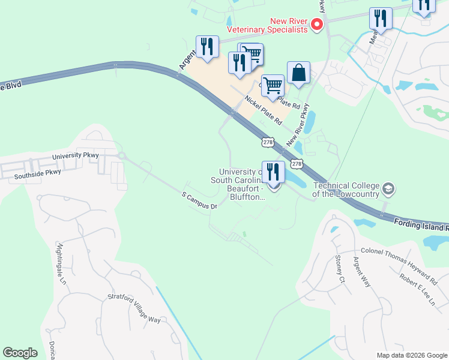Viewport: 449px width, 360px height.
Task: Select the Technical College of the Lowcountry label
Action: click(345, 188)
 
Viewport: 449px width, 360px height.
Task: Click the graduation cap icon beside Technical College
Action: click(388, 189)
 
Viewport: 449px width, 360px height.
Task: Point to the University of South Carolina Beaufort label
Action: click(237, 184)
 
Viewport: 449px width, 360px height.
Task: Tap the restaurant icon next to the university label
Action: click(273, 172)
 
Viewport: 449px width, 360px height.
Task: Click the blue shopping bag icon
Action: click(298, 73)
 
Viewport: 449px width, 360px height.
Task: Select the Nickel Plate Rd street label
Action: click(263, 109)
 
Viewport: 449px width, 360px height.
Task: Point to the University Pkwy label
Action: click(75, 156)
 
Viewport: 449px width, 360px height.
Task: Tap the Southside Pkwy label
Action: click(37, 172)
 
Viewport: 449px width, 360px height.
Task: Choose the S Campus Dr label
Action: click(199, 200)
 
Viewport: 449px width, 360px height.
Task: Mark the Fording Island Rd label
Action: click(421, 225)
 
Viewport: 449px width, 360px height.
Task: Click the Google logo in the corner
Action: click(20, 353)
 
